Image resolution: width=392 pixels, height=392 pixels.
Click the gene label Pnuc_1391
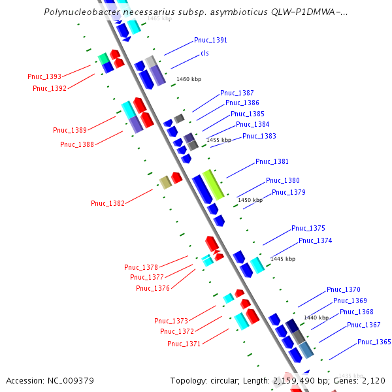210,41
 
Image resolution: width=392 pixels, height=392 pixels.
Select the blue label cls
204,53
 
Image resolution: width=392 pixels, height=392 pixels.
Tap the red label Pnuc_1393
44,76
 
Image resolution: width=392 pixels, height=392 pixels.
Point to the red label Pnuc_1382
107,203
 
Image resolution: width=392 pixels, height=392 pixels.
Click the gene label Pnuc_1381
272,161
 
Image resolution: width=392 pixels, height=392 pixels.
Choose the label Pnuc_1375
308,228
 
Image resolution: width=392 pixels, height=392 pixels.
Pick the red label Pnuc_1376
153,288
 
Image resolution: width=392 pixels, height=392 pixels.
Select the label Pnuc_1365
374,342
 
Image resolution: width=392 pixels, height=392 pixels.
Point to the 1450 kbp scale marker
250,200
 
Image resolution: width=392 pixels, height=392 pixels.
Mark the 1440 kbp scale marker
316,318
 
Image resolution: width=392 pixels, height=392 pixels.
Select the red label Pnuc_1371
184,344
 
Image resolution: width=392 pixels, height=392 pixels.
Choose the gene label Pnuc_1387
237,93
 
